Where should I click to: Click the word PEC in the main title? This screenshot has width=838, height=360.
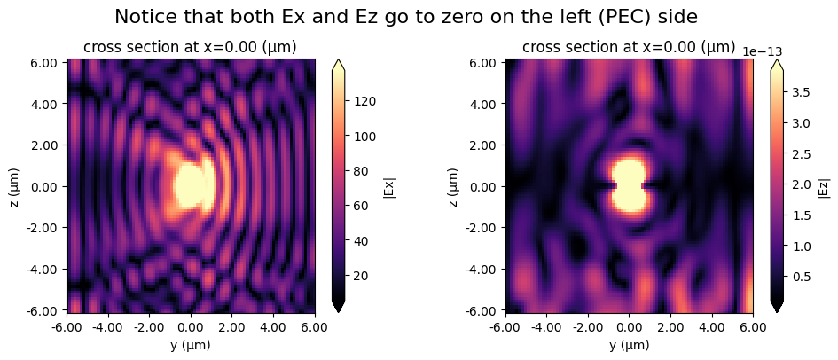[x=587, y=16]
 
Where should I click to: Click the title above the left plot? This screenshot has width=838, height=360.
[x=190, y=47]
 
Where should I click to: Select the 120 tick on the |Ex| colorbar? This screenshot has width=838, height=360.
[x=366, y=101]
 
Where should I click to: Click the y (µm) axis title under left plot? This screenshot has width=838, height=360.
[x=190, y=345]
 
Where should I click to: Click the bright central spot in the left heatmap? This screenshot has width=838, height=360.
[x=191, y=184]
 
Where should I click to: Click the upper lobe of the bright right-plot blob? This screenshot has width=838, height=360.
[x=629, y=171]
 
